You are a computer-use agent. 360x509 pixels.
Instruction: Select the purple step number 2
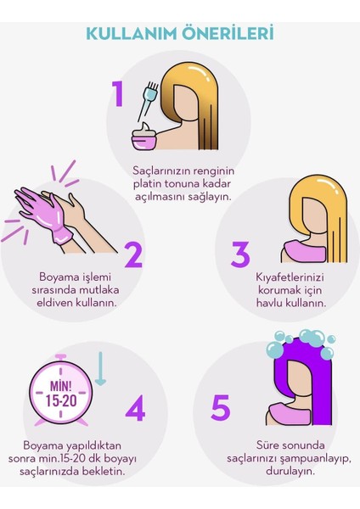[132, 254]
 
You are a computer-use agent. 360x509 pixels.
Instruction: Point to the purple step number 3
[240, 254]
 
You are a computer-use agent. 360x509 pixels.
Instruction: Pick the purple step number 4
[134, 410]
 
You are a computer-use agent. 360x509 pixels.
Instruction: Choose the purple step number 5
[220, 408]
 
